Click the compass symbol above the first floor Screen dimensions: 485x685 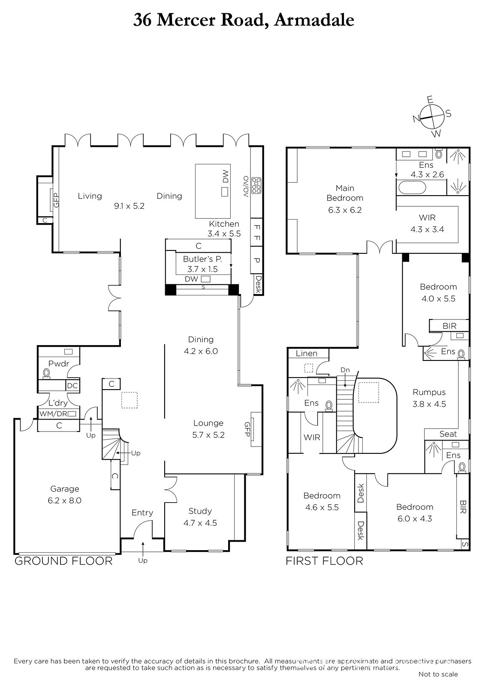tap(432, 116)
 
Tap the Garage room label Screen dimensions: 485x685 tap(65, 488)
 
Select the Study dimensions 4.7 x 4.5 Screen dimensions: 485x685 tap(200, 523)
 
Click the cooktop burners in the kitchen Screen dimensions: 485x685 tap(256, 186)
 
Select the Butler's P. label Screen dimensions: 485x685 tap(202, 259)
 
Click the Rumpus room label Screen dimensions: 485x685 tap(429, 392)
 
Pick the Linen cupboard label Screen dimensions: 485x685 tap(306, 354)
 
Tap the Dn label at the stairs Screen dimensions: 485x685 tap(345, 370)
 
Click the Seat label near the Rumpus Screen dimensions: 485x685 tap(448, 434)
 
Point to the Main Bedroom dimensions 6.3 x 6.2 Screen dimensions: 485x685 tap(345, 210)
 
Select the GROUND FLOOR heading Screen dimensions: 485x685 tap(63, 561)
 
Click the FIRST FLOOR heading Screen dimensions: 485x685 tap(324, 561)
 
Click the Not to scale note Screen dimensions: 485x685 tap(438, 674)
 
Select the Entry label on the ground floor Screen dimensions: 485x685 tap(142, 513)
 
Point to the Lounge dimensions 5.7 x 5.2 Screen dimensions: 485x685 tap(208, 435)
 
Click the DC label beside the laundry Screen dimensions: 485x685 tap(72, 386)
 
